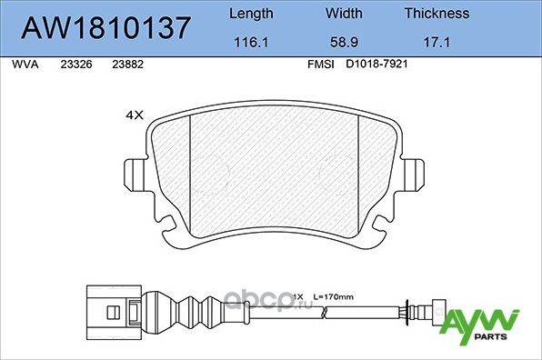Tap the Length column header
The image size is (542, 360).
click(x=249, y=14)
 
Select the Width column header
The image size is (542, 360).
click(x=344, y=14)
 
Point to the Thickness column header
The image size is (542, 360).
click(x=437, y=14)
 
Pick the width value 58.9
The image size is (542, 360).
click(x=344, y=42)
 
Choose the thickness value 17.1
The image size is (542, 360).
click(x=437, y=42)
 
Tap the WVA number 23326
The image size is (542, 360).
click(x=75, y=65)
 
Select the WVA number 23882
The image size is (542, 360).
click(x=126, y=65)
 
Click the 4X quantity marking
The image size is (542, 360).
click(x=135, y=116)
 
